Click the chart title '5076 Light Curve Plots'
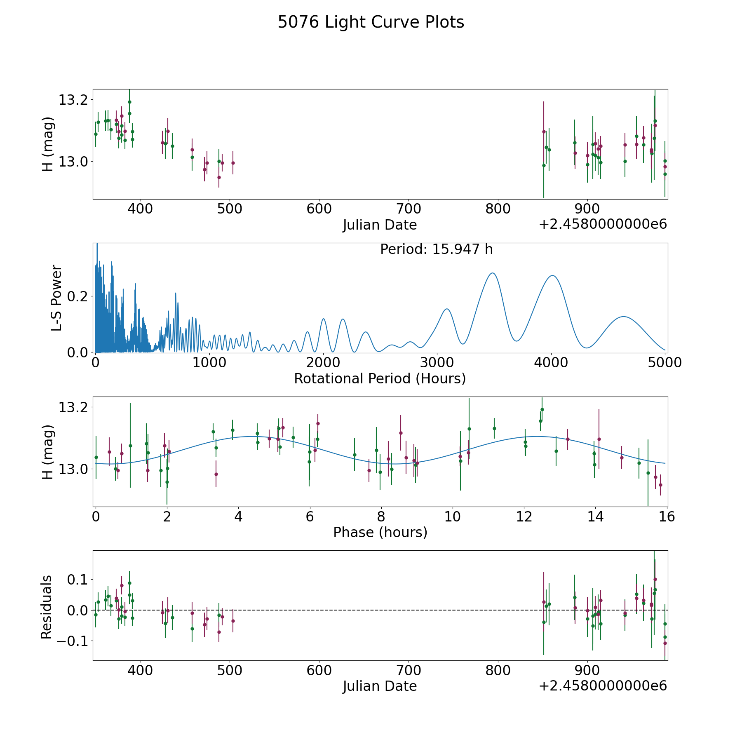[371, 22]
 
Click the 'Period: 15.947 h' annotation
[436, 249]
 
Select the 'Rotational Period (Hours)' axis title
[380, 378]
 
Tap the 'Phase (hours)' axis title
[380, 532]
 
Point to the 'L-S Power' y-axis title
[56, 298]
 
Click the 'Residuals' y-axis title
[47, 607]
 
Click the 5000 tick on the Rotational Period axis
[665, 363]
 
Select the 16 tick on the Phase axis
[667, 517]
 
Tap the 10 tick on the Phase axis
[453, 517]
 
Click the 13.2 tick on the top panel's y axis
[73, 100]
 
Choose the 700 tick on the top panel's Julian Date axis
[409, 209]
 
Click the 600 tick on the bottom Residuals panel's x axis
[319, 671]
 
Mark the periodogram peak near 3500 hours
[492, 273]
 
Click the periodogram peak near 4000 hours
[552, 275]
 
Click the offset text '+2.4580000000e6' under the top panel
[603, 225]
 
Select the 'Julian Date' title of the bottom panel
[380, 686]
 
